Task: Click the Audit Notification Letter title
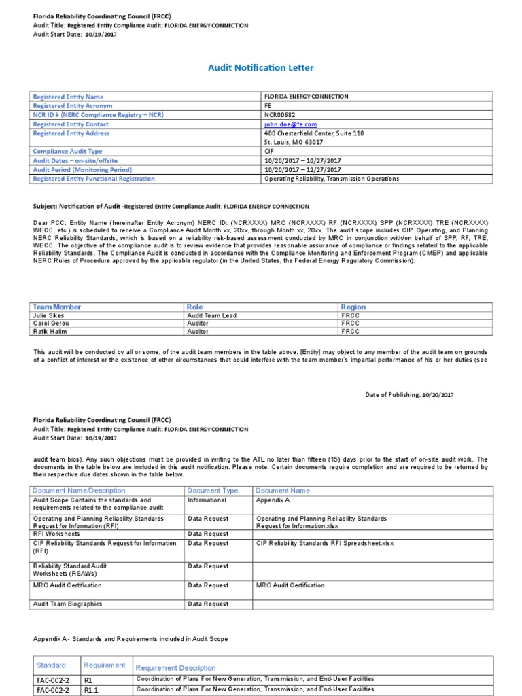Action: click(x=260, y=68)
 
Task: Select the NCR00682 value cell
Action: click(x=280, y=116)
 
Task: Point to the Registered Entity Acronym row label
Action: click(x=73, y=106)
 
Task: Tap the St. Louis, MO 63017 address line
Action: click(x=294, y=143)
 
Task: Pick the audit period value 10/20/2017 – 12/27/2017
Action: click(x=302, y=170)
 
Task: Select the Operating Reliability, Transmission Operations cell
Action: click(x=331, y=179)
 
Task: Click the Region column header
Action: click(x=353, y=307)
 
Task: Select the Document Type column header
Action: click(x=213, y=490)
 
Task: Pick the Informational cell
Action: click(x=207, y=500)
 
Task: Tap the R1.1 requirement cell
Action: click(x=92, y=689)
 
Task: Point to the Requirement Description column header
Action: click(x=176, y=667)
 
